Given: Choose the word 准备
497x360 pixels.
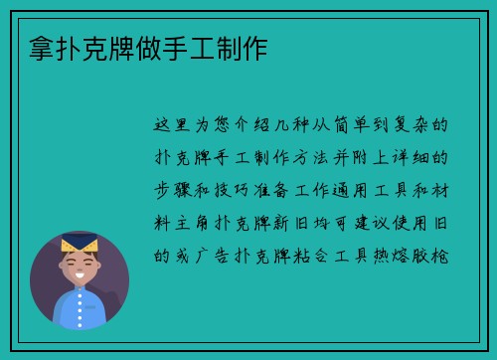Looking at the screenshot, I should click(290, 190).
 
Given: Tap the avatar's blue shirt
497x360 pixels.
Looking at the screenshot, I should click(79, 307).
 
